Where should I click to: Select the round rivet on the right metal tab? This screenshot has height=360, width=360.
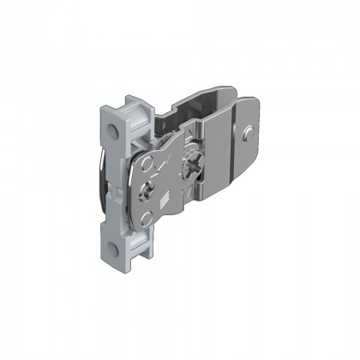247,132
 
